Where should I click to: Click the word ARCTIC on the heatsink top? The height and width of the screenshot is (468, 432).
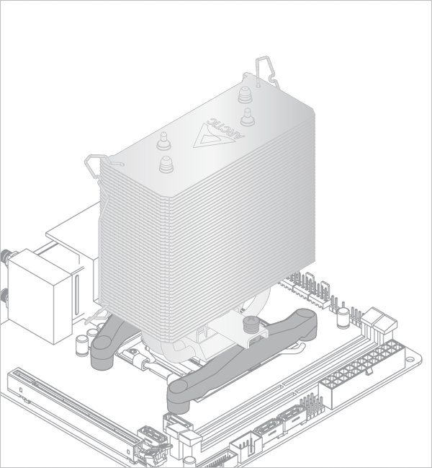225,129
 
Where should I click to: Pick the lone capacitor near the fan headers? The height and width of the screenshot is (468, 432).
343,318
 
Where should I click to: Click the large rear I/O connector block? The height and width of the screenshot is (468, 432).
40,296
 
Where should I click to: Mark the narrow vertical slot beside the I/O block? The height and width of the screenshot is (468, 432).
78,295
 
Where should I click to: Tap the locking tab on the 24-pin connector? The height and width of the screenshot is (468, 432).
369,371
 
